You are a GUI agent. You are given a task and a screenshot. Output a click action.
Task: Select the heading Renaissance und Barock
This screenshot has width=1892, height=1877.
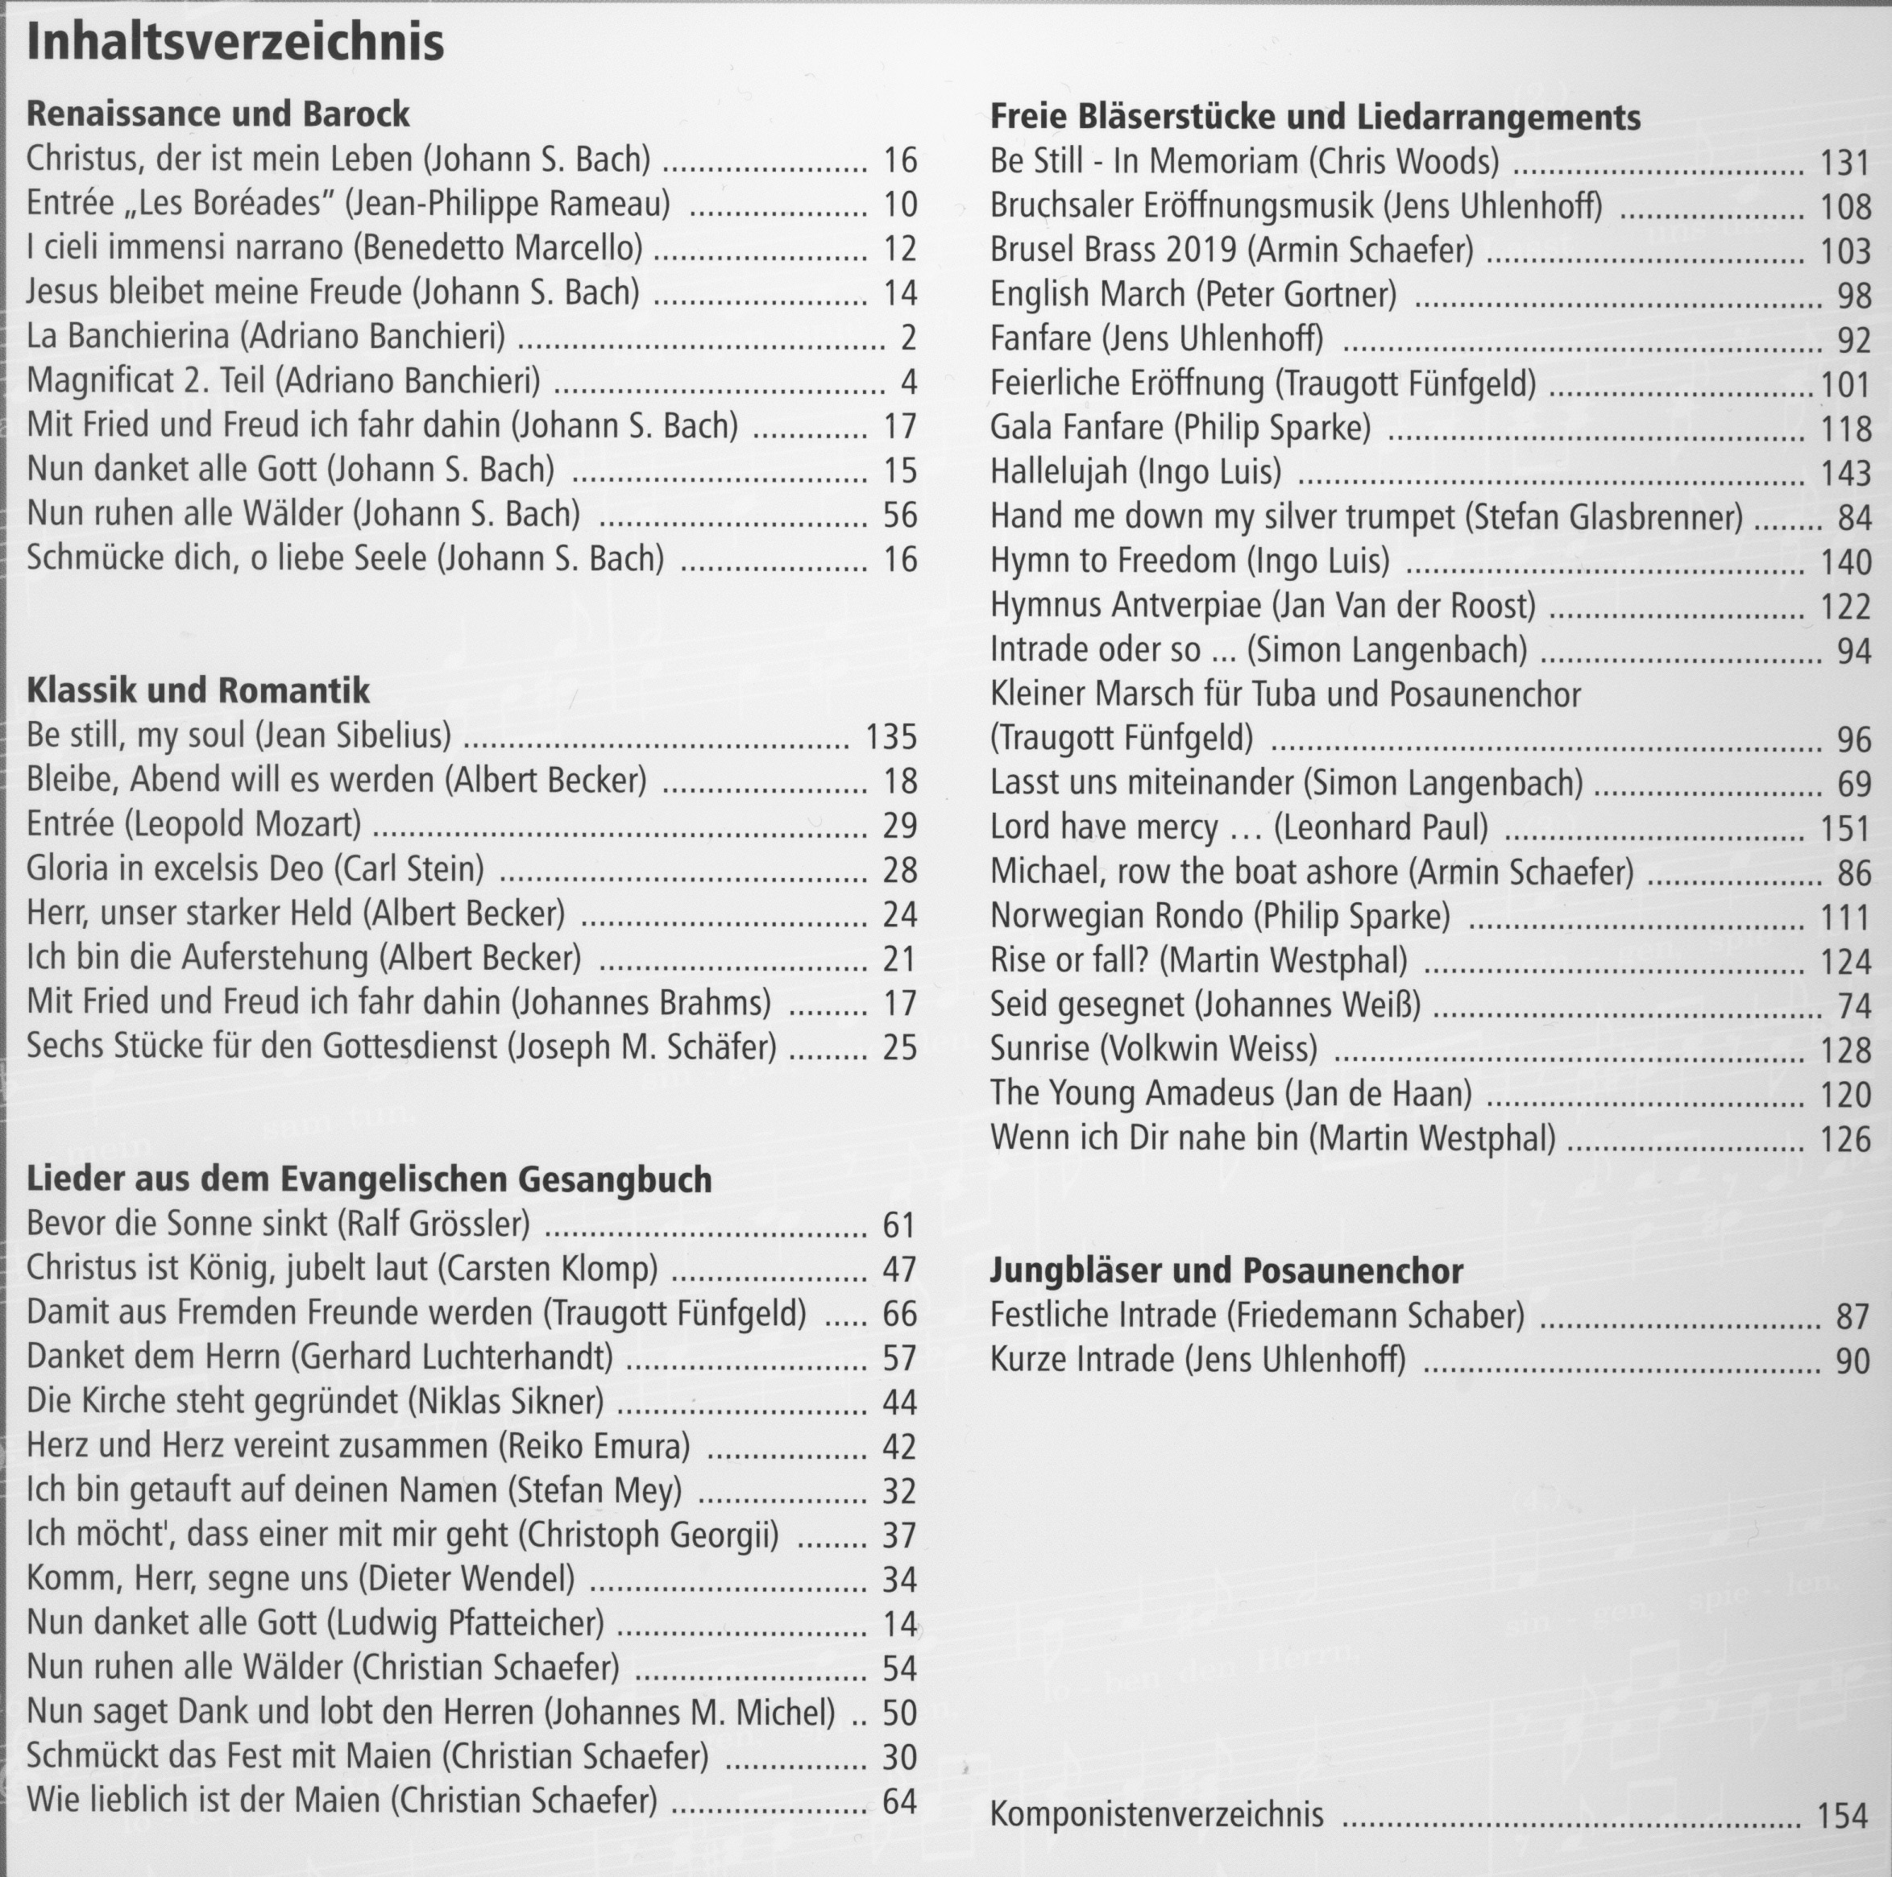click(x=218, y=114)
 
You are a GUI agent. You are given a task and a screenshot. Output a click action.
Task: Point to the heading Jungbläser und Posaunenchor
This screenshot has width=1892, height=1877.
click(x=1226, y=1271)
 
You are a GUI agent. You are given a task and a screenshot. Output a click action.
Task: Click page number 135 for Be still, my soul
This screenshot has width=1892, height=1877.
click(x=891, y=736)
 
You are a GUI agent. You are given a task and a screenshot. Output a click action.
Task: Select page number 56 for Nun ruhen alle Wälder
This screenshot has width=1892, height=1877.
click(x=900, y=515)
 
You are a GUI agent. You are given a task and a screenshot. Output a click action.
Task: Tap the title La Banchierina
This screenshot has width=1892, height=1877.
click(x=127, y=337)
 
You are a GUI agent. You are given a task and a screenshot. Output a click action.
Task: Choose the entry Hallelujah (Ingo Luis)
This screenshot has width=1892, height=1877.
click(x=1135, y=472)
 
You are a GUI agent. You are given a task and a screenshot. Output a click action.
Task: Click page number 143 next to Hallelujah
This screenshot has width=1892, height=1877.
click(x=1846, y=474)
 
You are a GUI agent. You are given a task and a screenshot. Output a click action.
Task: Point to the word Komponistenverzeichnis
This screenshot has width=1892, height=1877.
click(x=1156, y=1814)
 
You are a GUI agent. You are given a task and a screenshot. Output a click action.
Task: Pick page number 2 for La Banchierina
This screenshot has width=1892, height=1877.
click(x=908, y=338)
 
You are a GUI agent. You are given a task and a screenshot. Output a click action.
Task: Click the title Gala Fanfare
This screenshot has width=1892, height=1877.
click(x=1077, y=428)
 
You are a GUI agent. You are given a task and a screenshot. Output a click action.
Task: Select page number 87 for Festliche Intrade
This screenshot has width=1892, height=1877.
click(x=1853, y=1317)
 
